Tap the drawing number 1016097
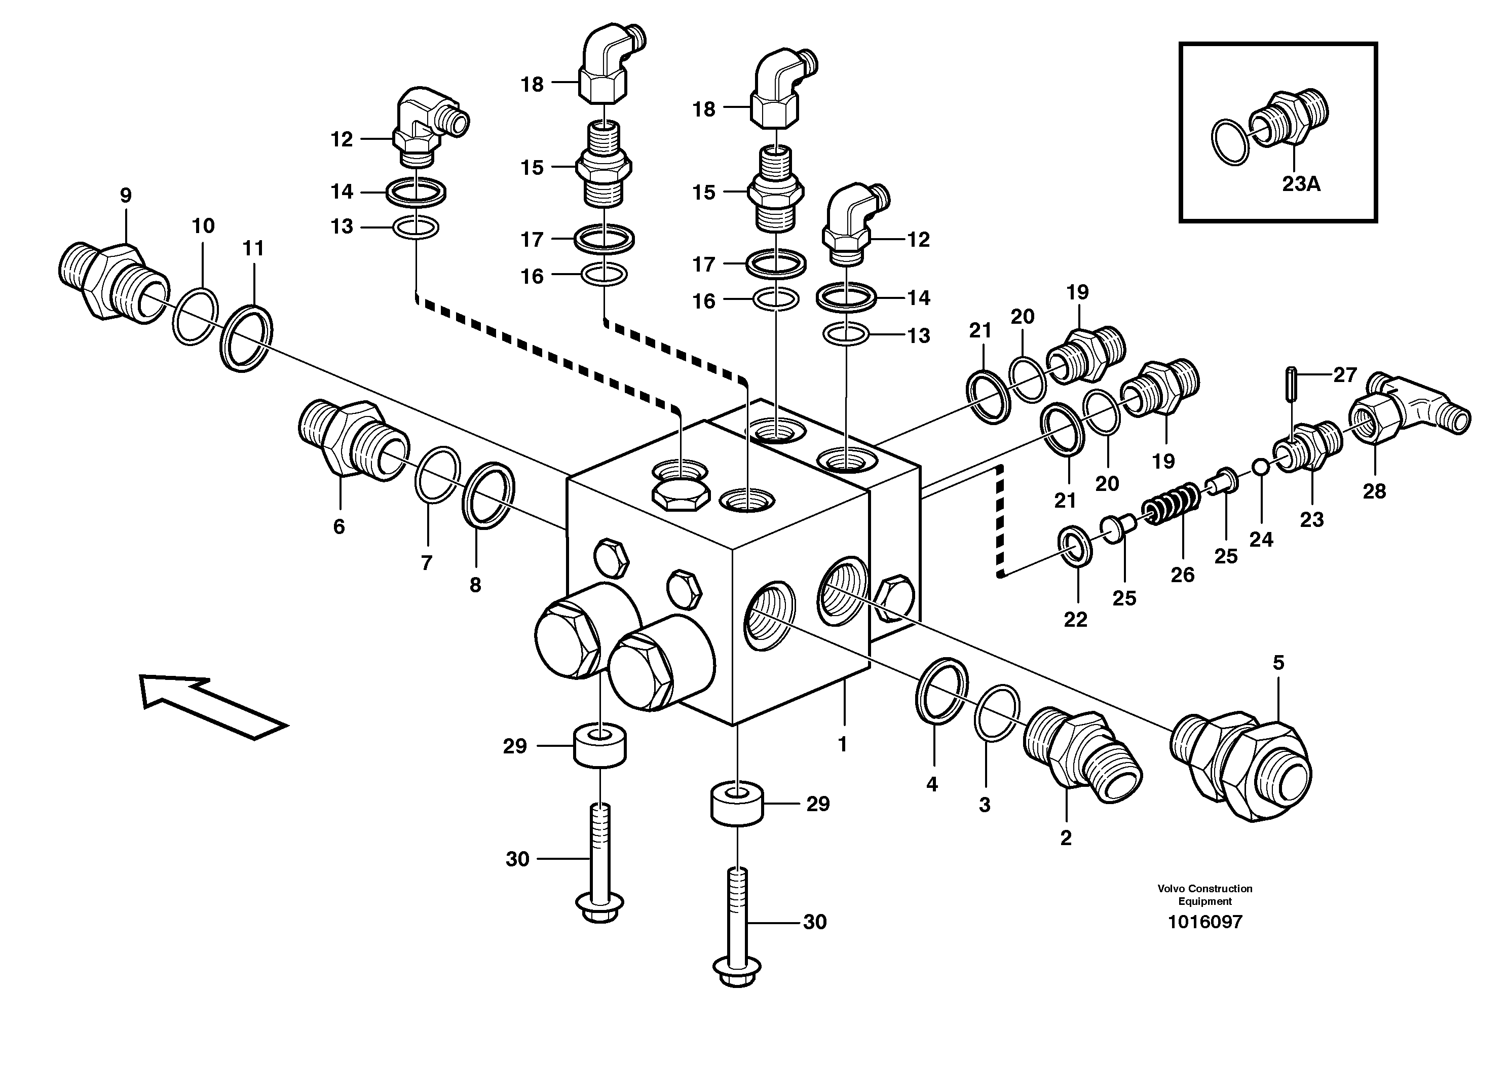1204,922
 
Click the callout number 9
126,195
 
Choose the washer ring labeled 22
1075,544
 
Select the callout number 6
339,526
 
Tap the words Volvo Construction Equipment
1204,894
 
